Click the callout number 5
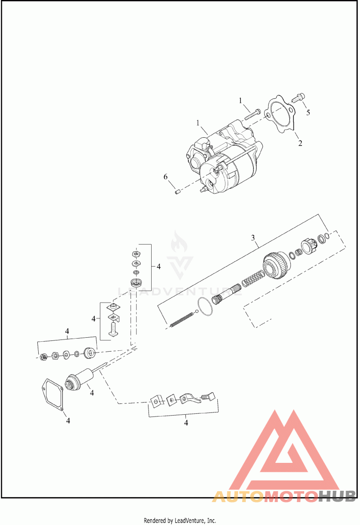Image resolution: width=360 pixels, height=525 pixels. coord(308,112)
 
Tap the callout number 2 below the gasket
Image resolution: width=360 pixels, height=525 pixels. coord(300,143)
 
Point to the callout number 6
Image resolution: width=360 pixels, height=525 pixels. coord(166,177)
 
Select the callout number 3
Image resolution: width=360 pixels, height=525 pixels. coord(253,238)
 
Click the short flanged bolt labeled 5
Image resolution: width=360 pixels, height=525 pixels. coord(297,98)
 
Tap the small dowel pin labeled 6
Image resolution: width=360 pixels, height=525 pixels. coord(178,192)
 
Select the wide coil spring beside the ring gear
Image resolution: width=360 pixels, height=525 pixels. coord(252,279)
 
